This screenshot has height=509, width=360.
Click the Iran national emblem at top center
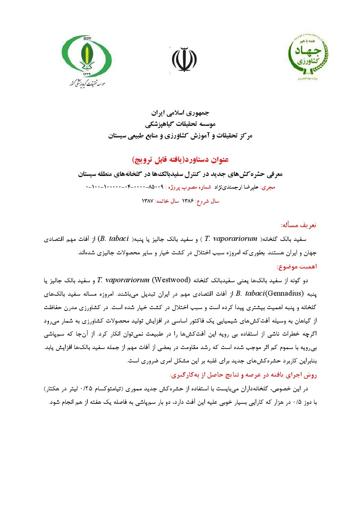[x=184, y=59]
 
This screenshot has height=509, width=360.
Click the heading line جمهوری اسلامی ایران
[x=180, y=113]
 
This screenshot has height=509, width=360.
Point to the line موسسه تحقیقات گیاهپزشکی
[x=180, y=124]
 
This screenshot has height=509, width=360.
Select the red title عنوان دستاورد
[x=180, y=160]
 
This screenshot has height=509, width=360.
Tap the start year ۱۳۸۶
[x=188, y=201]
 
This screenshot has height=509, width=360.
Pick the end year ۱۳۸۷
[x=148, y=201]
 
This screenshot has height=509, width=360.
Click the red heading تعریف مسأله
[x=298, y=225]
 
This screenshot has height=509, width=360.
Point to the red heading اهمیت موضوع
[x=296, y=267]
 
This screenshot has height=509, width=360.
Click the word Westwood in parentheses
[x=171, y=280]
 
